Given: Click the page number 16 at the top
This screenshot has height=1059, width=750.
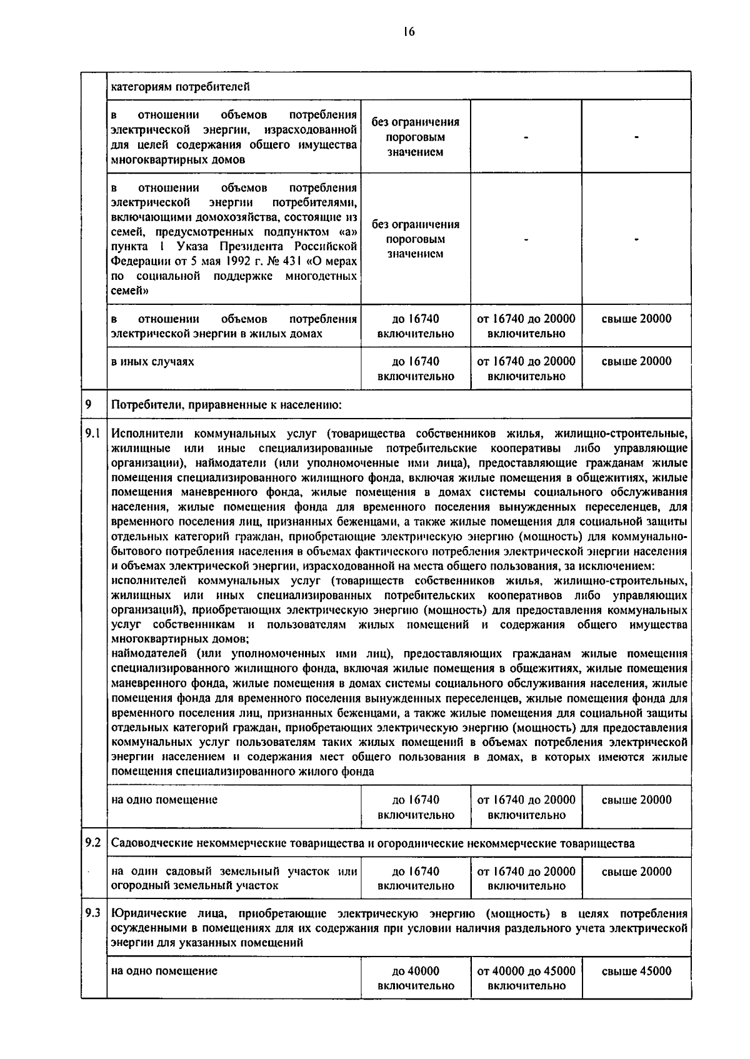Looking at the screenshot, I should (x=409, y=32).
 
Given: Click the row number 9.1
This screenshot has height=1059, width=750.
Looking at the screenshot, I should (x=93, y=433).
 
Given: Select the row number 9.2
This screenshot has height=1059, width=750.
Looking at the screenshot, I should (x=93, y=842).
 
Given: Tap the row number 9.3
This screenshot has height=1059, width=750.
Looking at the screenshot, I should (x=93, y=913).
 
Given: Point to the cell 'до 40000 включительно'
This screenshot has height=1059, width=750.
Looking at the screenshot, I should (x=416, y=978).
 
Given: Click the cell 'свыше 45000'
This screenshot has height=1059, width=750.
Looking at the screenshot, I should (x=636, y=971).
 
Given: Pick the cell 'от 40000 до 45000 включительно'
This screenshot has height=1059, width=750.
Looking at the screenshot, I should (x=526, y=978).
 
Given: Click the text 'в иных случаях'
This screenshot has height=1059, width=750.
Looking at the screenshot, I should (x=152, y=362).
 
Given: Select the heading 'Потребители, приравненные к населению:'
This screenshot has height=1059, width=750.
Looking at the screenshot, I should (x=226, y=405).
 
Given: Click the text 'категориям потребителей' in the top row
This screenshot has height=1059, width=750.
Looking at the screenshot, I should (x=181, y=86).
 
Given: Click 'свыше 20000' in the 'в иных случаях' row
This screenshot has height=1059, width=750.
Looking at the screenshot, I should (x=636, y=361).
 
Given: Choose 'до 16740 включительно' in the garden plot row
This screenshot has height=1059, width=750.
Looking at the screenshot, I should (x=416, y=878).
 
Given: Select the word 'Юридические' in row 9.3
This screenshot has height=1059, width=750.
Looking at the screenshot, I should (x=144, y=913).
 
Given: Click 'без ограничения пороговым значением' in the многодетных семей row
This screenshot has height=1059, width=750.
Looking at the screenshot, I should (x=416, y=239).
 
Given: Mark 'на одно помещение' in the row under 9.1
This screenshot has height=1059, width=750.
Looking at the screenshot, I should (x=164, y=800).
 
